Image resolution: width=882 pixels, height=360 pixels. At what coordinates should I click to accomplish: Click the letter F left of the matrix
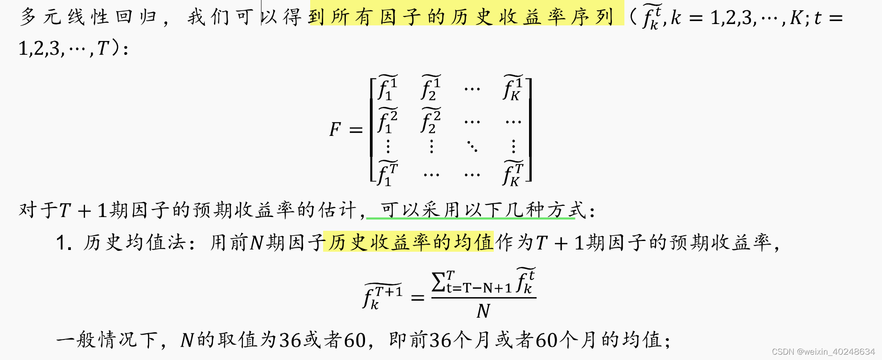click(335, 130)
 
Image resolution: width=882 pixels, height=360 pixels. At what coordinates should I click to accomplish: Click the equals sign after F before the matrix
click(356, 130)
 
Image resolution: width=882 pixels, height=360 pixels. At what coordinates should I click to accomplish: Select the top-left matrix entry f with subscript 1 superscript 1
click(387, 88)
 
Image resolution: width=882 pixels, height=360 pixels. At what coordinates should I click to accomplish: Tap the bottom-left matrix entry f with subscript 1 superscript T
click(387, 174)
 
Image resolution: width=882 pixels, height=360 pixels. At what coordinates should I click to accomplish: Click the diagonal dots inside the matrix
click(472, 146)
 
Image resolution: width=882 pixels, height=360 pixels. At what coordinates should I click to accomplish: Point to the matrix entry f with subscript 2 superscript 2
click(431, 121)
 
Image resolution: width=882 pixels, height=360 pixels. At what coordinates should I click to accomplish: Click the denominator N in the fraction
click(483, 311)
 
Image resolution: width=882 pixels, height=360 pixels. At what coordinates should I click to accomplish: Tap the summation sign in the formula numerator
click(439, 282)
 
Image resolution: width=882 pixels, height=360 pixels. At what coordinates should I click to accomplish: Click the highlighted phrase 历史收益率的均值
click(408, 242)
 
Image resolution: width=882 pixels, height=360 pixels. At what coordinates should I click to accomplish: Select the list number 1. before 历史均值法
click(64, 243)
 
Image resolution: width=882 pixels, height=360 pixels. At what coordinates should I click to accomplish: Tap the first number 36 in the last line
click(290, 340)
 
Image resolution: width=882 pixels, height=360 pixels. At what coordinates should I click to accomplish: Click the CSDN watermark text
click(823, 352)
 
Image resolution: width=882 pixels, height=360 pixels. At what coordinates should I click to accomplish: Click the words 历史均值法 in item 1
click(134, 242)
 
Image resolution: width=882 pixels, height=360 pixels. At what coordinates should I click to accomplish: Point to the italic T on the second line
click(103, 48)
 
